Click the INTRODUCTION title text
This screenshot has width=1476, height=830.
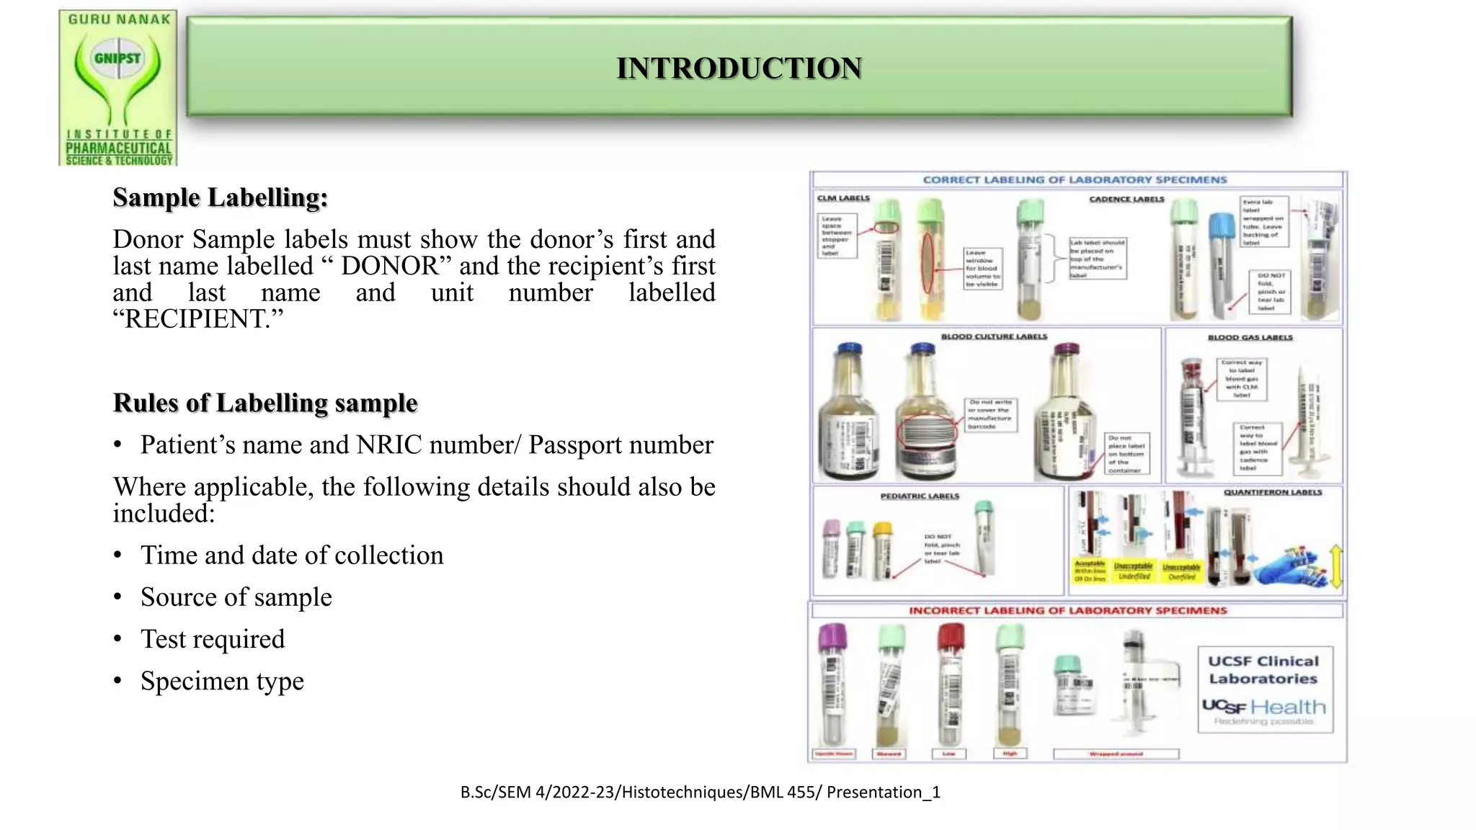[x=739, y=68]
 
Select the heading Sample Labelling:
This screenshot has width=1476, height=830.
[x=220, y=197]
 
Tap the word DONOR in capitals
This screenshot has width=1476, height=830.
[x=389, y=266]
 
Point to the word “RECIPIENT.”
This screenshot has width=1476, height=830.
[x=198, y=318]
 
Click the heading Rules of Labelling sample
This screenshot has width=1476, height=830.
[x=265, y=403]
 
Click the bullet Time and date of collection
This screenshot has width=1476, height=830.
[x=292, y=555]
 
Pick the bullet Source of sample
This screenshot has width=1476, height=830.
[x=236, y=597]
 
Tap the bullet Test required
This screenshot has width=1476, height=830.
[x=213, y=639]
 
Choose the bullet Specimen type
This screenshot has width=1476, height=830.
[x=222, y=681]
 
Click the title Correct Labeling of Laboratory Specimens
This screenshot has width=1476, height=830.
[x=1075, y=179]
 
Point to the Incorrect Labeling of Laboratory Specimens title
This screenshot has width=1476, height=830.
[x=1067, y=610]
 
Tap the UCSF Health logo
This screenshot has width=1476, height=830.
[x=1264, y=708]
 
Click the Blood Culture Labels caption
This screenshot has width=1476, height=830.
[x=994, y=336]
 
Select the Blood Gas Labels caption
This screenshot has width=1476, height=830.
[x=1250, y=337]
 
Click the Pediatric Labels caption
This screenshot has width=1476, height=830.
[x=920, y=496]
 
